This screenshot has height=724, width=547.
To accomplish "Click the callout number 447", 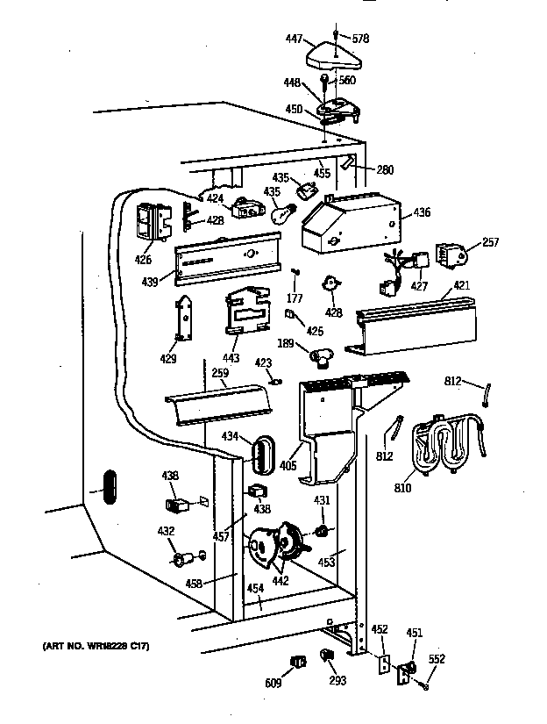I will click(294, 39).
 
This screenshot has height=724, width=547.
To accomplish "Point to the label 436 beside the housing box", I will click(422, 211).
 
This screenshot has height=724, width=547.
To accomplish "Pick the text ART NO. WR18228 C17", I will click(96, 647).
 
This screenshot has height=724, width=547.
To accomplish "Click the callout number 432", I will click(166, 531).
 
